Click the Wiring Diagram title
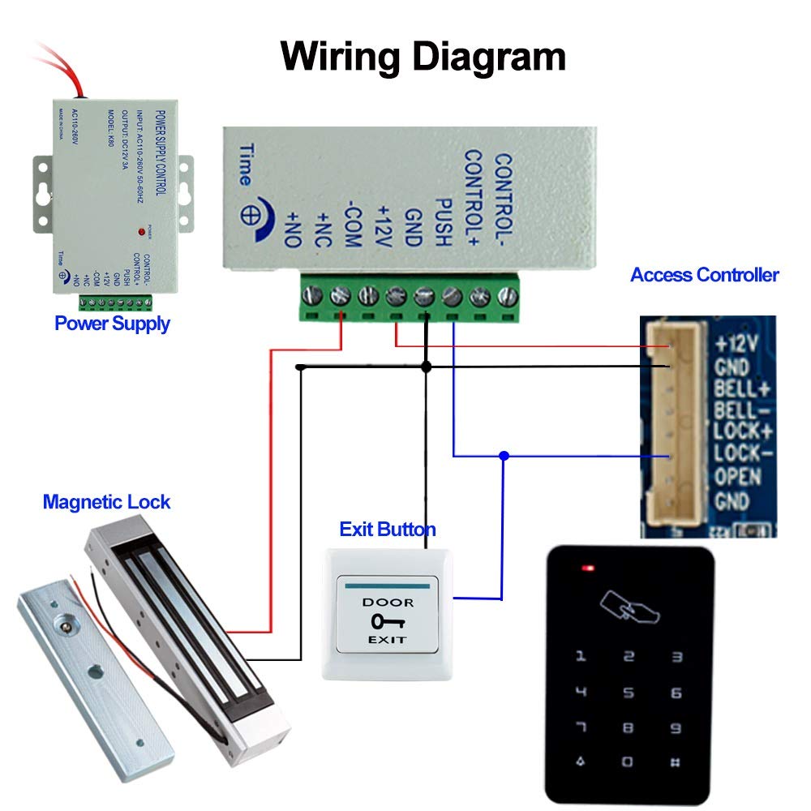[x=423, y=58]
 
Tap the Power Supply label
[x=112, y=324]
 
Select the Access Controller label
[x=704, y=275]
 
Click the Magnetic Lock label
[x=106, y=502]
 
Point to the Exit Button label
[x=387, y=530]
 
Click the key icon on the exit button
[x=387, y=621]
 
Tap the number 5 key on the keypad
[x=628, y=693]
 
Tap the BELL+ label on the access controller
[x=740, y=388]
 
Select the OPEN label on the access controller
[x=737, y=476]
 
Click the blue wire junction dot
[x=504, y=456]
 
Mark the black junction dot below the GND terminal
[x=427, y=367]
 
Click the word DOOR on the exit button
[x=388, y=602]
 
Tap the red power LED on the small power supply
[x=142, y=233]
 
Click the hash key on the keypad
[x=676, y=762]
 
